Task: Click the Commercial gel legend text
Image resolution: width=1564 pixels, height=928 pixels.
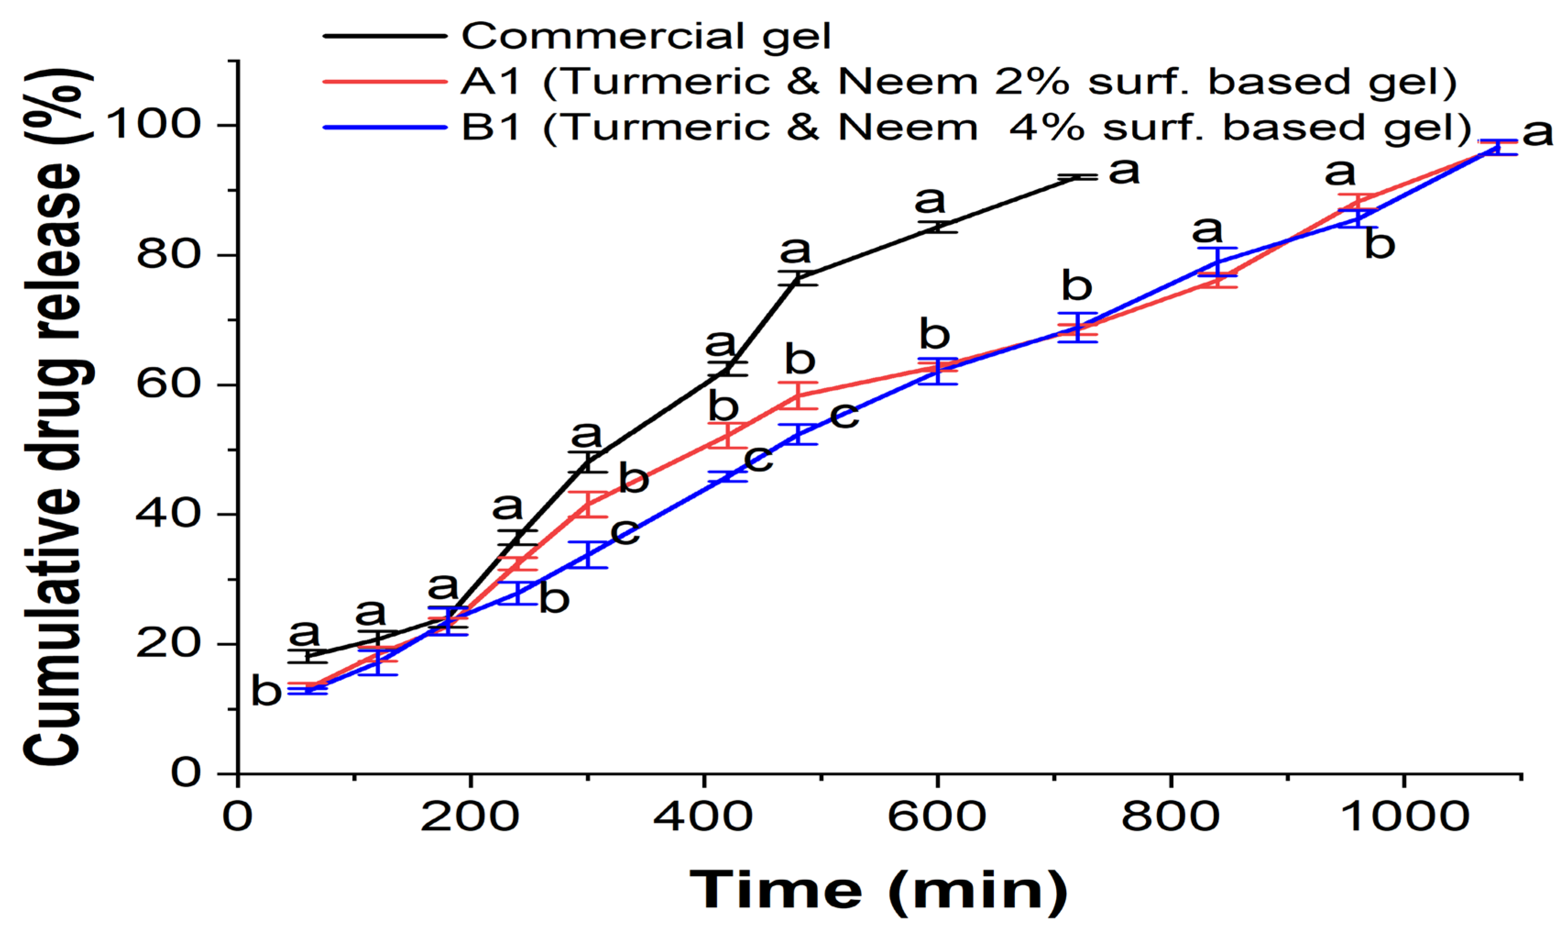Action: point(646,36)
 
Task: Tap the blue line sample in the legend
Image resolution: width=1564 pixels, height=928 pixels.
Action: point(385,127)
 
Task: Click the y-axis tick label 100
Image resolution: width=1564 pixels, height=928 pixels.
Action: point(153,124)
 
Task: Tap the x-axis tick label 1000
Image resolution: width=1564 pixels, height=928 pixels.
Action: point(1404,817)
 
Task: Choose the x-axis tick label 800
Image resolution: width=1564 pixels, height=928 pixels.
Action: point(1170,817)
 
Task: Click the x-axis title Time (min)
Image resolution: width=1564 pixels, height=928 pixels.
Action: point(878,890)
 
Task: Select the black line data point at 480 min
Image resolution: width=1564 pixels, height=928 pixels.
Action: point(798,278)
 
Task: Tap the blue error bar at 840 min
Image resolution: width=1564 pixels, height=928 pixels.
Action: point(1217,261)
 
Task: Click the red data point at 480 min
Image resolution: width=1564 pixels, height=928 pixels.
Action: point(798,395)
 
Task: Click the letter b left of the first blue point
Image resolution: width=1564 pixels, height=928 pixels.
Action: point(266,691)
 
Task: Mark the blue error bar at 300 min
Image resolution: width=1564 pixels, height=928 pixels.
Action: point(588,555)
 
